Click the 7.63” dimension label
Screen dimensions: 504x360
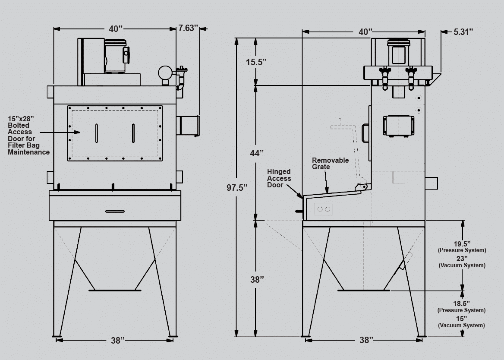pyautogui.click(x=189, y=28)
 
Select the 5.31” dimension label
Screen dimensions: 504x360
pyautogui.click(x=463, y=32)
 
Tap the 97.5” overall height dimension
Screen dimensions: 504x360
pyautogui.click(x=237, y=188)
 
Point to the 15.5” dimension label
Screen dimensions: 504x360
pyautogui.click(x=256, y=62)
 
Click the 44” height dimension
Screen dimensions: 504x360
pyautogui.click(x=257, y=153)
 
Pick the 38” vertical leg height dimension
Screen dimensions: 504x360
pyautogui.click(x=257, y=280)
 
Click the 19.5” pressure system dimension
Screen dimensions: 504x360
pyautogui.click(x=462, y=247)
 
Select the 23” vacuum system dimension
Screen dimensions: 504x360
pyautogui.click(x=462, y=262)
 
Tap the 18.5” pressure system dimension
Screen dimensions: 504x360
pyautogui.click(x=461, y=306)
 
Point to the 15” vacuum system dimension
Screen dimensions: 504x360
pyautogui.click(x=461, y=322)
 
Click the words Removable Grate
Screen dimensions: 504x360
pyautogui.click(x=330, y=163)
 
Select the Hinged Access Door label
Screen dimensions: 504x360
pyautogui.click(x=279, y=178)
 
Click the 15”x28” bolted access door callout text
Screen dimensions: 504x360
pyautogui.click(x=28, y=135)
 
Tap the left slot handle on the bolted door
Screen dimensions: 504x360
pyautogui.click(x=96, y=133)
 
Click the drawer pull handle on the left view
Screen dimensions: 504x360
pyautogui.click(x=115, y=212)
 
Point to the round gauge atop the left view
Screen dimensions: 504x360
pyautogui.click(x=165, y=73)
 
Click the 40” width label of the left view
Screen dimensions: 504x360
pyautogui.click(x=116, y=29)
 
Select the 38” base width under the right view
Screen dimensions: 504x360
pyautogui.click(x=366, y=340)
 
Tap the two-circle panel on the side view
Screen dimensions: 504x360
pyautogui.click(x=324, y=209)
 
